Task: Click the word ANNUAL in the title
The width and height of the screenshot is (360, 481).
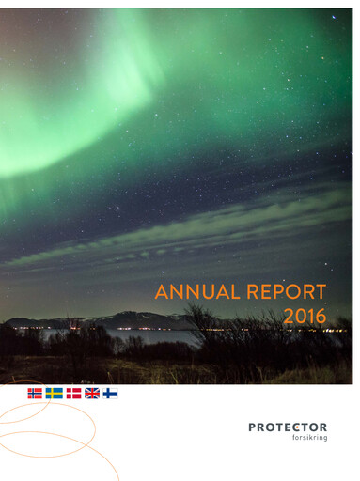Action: click(197, 292)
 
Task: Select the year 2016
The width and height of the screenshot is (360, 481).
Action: click(305, 318)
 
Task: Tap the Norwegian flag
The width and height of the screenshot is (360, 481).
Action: click(35, 393)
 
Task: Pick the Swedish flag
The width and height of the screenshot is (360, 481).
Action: click(55, 393)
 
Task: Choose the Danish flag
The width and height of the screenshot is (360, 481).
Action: click(73, 393)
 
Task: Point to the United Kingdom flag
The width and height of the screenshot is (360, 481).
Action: click(92, 393)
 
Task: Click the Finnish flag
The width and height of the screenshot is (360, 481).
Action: click(111, 393)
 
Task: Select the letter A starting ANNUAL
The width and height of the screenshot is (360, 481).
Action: click(161, 292)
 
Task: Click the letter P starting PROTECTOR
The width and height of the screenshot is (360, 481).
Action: click(252, 427)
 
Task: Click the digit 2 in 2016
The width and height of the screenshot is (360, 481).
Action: click(288, 318)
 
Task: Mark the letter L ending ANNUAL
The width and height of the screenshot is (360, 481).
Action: click(233, 292)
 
